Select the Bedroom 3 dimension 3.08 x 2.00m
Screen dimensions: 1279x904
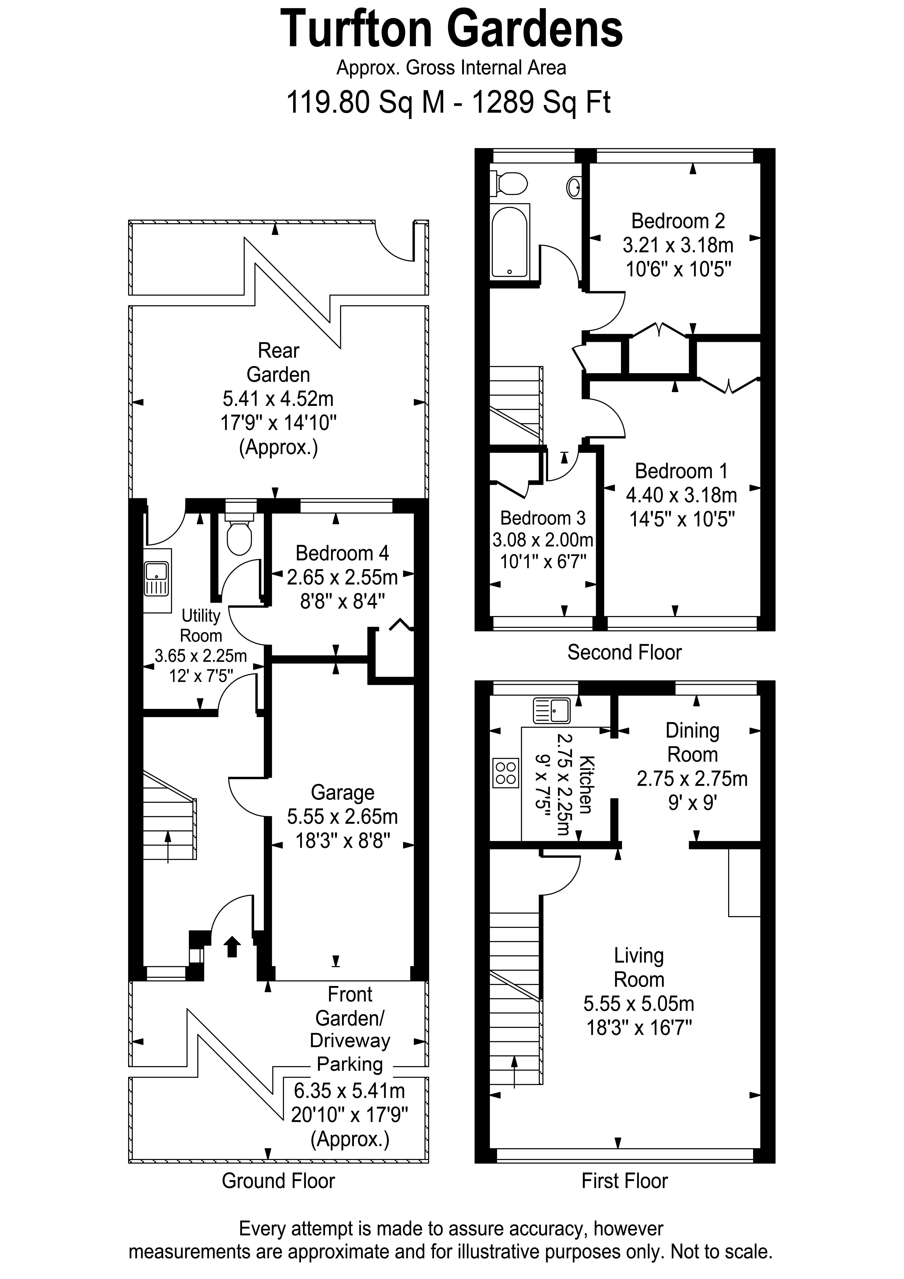542,540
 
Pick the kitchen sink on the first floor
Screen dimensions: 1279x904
551,710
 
